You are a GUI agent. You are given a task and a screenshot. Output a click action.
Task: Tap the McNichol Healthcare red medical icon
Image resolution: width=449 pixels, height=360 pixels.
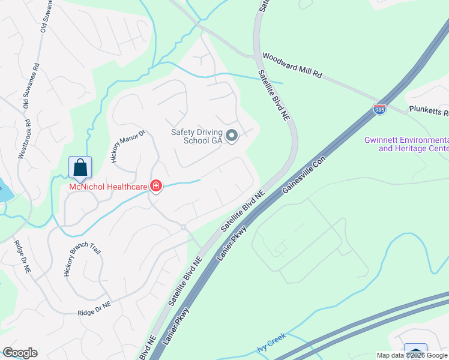tap(156, 187)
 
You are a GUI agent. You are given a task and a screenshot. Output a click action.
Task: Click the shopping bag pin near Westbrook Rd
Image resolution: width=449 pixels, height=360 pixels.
tap(80, 168)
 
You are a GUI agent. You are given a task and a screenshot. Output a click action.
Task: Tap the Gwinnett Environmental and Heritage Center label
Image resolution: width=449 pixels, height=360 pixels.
tap(406, 144)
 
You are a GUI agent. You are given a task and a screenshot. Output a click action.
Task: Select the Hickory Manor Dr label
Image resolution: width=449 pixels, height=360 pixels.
tap(128, 146)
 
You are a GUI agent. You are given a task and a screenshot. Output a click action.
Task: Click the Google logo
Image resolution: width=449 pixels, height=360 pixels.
tap(20, 353)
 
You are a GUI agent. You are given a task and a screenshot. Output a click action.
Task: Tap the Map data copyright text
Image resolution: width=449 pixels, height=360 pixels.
tap(412, 355)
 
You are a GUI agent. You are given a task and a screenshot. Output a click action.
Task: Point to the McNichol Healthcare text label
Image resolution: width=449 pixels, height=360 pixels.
tap(108, 187)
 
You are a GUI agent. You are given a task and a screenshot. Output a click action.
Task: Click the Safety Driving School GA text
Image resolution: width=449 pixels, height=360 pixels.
tap(197, 136)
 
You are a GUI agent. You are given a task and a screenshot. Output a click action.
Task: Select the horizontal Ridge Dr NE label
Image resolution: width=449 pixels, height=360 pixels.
tap(94, 309)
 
